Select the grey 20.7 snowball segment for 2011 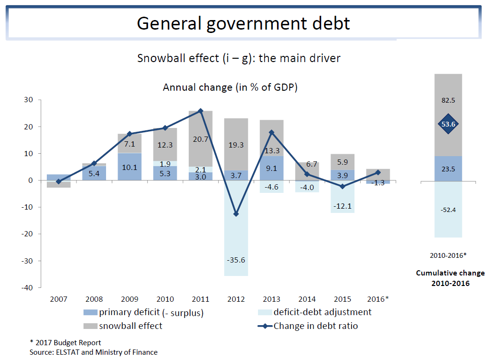[x=200, y=139]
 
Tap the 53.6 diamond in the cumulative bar [x=448, y=124]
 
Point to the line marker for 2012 [x=236, y=214]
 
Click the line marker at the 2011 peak [x=200, y=111]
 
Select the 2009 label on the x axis [x=129, y=299]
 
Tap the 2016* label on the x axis [x=378, y=299]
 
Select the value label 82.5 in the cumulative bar [x=448, y=101]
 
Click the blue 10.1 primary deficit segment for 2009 [x=129, y=167]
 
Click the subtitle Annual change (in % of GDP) [x=230, y=87]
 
